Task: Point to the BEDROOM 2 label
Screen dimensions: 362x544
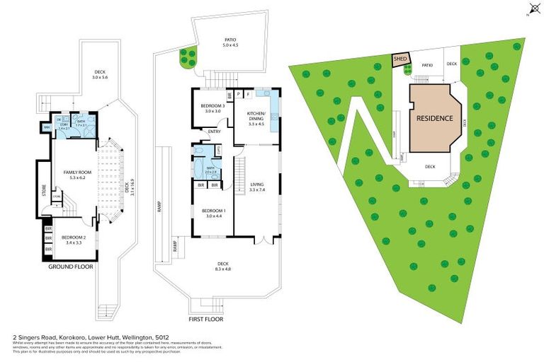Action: click(x=73, y=237)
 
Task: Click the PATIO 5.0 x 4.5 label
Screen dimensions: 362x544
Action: click(x=230, y=40)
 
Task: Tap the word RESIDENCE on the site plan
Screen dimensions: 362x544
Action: click(x=433, y=118)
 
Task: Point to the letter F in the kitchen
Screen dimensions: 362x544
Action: click(x=249, y=93)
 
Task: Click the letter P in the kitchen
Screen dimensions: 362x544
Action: click(x=239, y=93)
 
